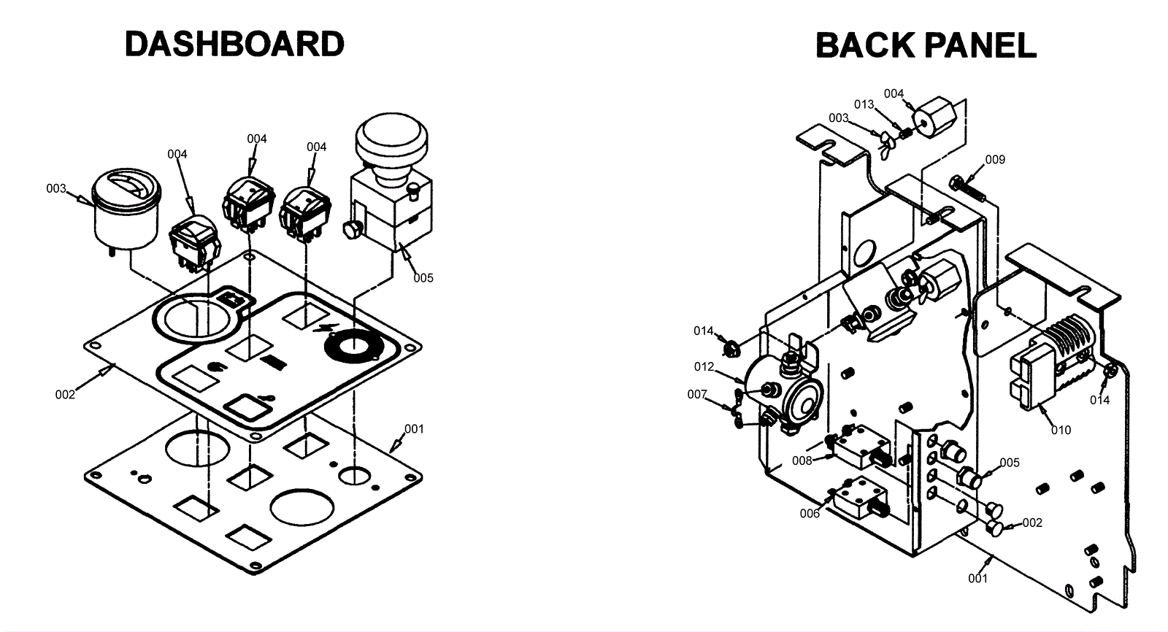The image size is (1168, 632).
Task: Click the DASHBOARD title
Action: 234,44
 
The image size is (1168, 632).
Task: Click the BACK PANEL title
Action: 925,45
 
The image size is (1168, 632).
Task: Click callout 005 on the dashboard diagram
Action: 423,277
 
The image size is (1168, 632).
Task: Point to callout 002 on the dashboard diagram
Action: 65,395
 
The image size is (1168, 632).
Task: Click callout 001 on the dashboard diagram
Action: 414,429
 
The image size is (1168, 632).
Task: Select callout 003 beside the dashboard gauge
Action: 56,188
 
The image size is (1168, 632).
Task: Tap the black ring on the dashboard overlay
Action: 353,344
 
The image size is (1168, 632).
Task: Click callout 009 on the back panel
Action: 995,160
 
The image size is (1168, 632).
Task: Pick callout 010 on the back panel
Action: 1061,430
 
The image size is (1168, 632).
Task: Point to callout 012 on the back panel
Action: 704,367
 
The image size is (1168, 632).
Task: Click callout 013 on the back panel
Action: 864,104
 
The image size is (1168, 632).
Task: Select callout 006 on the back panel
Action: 810,513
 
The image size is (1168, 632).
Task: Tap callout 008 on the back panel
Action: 802,460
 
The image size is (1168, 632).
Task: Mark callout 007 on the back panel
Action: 697,394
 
